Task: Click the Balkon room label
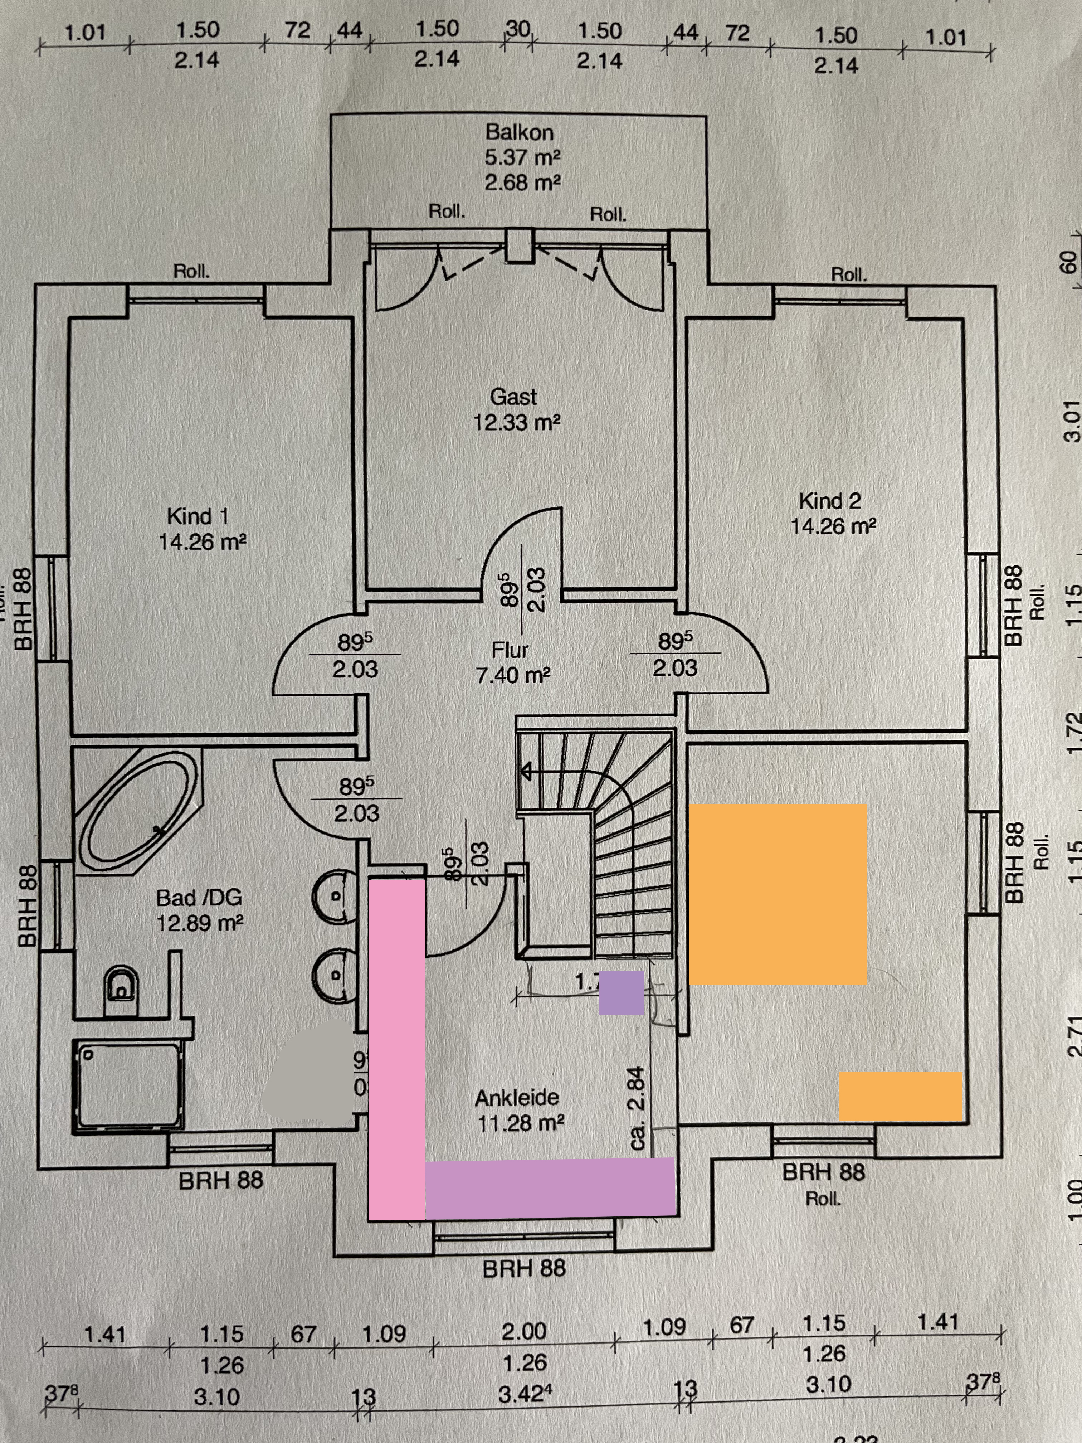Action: pos(519,132)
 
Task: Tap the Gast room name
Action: pos(513,397)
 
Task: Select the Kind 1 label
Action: pos(198,516)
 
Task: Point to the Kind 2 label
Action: pos(830,501)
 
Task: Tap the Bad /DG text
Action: pos(199,898)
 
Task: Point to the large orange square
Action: pos(778,894)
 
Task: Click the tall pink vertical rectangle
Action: pos(396,1044)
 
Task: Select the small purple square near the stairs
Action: pos(622,992)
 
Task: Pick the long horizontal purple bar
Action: pos(550,1187)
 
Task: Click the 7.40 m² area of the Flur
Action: pos(513,675)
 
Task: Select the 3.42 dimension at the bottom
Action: pos(525,1394)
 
